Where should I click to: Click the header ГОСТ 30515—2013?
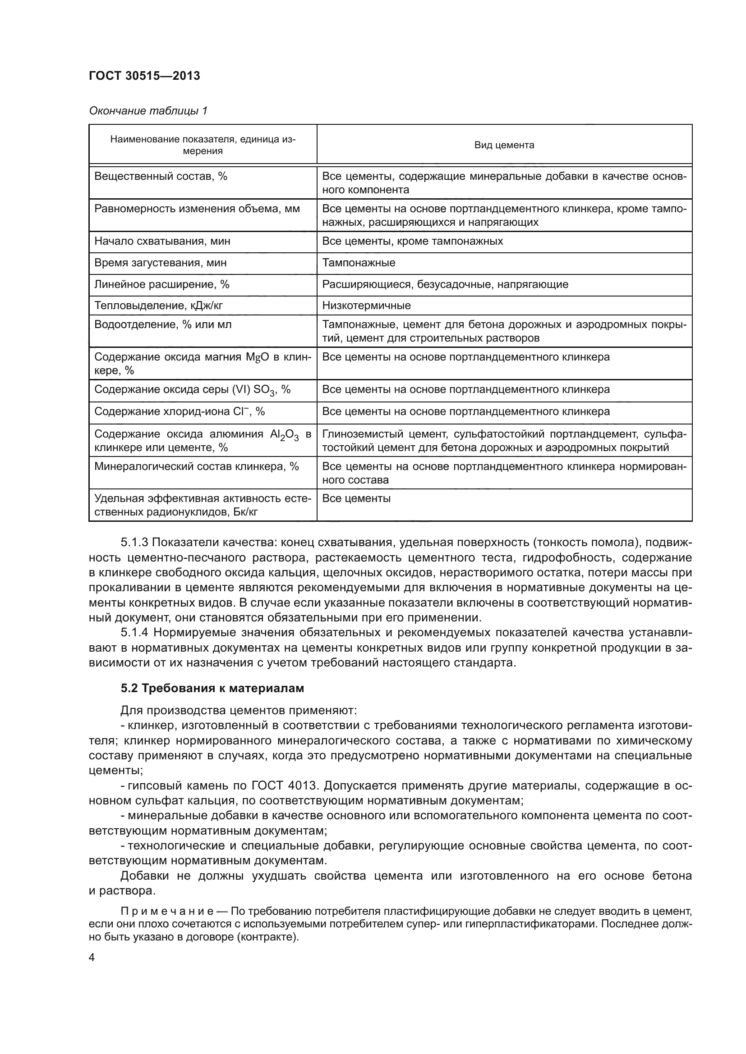click(x=144, y=76)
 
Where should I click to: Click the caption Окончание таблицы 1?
click(x=148, y=111)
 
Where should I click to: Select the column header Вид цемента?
click(x=504, y=145)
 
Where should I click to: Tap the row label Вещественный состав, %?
click(x=161, y=176)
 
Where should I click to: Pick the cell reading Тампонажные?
click(x=358, y=263)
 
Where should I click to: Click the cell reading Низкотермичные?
click(x=366, y=306)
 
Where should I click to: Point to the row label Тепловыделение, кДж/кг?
click(x=158, y=306)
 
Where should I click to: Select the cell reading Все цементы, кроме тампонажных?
click(x=412, y=242)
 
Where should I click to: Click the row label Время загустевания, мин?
click(x=160, y=263)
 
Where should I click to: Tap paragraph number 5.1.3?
click(x=134, y=543)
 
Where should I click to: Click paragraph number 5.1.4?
click(x=134, y=633)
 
